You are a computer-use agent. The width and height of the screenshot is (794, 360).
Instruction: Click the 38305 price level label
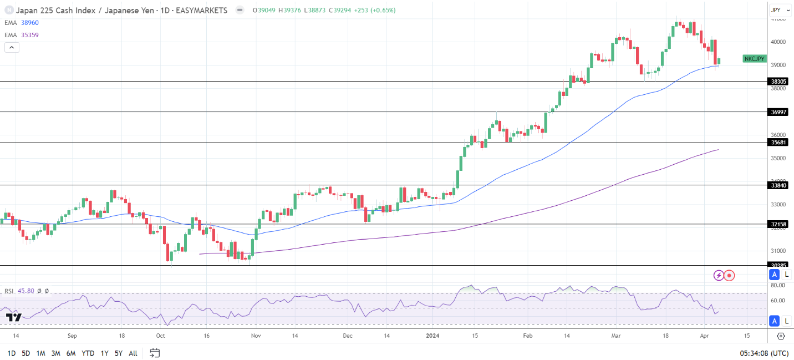tap(778, 82)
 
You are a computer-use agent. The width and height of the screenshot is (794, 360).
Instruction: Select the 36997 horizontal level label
tap(778, 112)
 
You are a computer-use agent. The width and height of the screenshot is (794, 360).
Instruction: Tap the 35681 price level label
tap(778, 143)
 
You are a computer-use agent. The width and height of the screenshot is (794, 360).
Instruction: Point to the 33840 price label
tap(778, 185)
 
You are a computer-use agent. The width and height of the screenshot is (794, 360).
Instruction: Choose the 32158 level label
tap(778, 225)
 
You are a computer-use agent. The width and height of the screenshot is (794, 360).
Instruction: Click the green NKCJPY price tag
tap(754, 59)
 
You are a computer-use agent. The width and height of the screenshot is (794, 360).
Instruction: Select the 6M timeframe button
tap(70, 353)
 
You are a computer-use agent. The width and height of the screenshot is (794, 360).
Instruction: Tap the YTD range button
tap(88, 353)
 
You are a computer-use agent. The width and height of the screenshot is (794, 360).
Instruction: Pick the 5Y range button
tap(119, 353)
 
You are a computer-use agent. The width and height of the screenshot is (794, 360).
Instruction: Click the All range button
tap(133, 353)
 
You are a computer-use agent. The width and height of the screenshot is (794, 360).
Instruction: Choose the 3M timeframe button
tap(55, 353)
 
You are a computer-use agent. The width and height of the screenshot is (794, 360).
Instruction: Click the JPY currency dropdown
tap(779, 10)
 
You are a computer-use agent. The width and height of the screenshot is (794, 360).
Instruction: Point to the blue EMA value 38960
tap(29, 23)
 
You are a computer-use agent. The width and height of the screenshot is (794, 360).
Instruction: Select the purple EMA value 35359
tap(29, 35)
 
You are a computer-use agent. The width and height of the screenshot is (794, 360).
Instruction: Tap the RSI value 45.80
tap(26, 291)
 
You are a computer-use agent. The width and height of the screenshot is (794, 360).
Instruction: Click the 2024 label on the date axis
tap(434, 336)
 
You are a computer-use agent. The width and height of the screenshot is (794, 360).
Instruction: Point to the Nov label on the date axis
tap(256, 336)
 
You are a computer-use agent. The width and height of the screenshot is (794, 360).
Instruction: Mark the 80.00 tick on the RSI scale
tap(778, 285)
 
